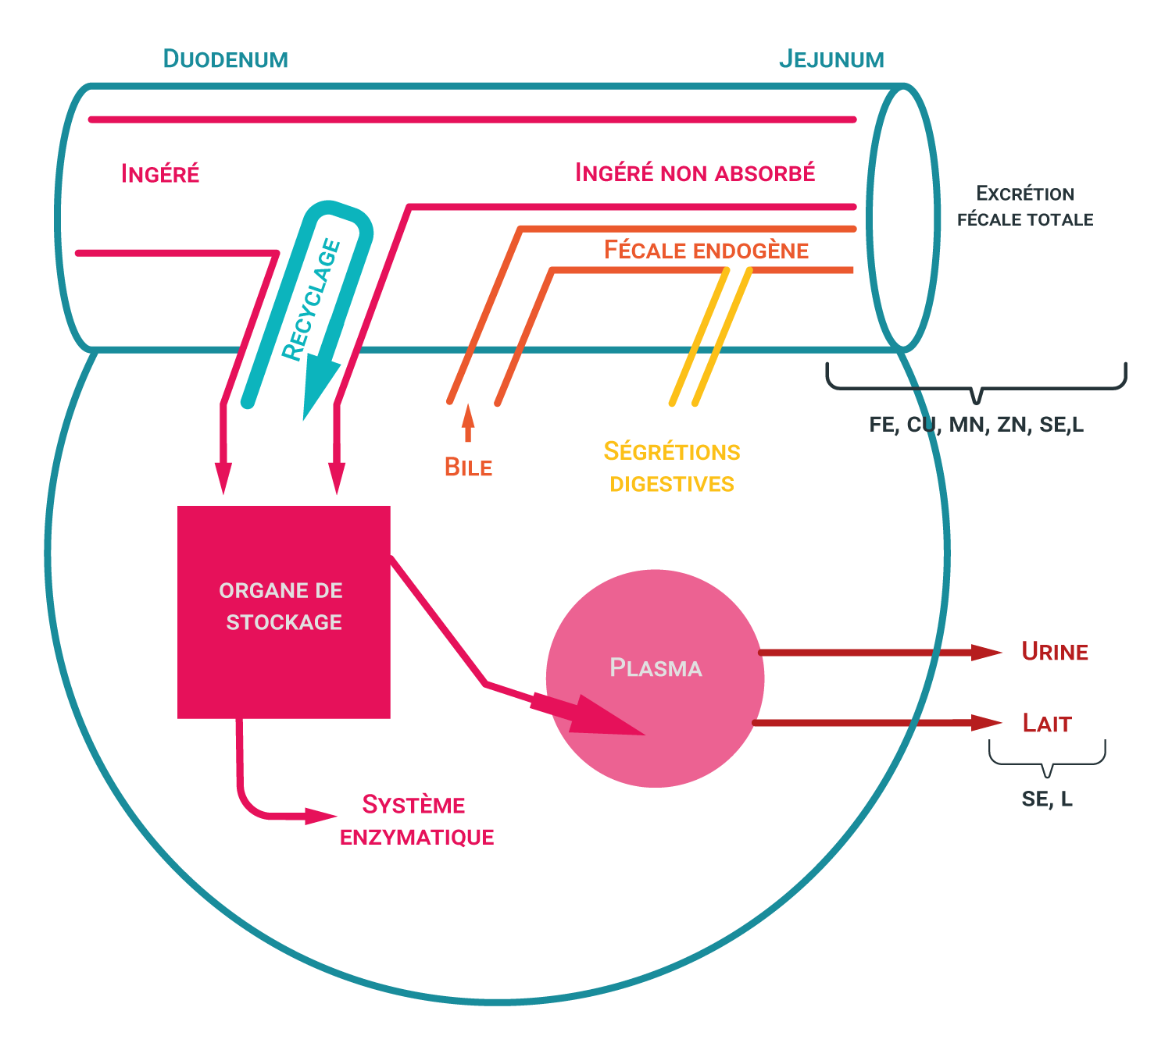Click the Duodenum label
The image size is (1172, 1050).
click(x=225, y=59)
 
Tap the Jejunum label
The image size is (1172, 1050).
click(x=831, y=59)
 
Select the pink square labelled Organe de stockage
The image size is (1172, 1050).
click(x=284, y=611)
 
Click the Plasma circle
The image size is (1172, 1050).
click(x=655, y=678)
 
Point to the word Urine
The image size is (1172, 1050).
click(x=1055, y=652)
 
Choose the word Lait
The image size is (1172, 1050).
click(x=1047, y=724)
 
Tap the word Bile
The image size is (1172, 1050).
click(x=468, y=467)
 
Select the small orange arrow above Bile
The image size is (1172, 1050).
click(x=468, y=422)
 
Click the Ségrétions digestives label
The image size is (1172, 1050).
click(x=672, y=467)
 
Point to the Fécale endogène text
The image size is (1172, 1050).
click(x=706, y=251)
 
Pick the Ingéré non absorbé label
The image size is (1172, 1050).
click(x=695, y=173)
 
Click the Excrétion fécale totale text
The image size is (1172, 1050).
click(x=1025, y=207)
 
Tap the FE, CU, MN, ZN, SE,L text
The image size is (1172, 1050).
click(x=976, y=425)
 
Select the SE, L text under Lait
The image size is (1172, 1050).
click(x=1047, y=799)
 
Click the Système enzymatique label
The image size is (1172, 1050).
click(x=416, y=820)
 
